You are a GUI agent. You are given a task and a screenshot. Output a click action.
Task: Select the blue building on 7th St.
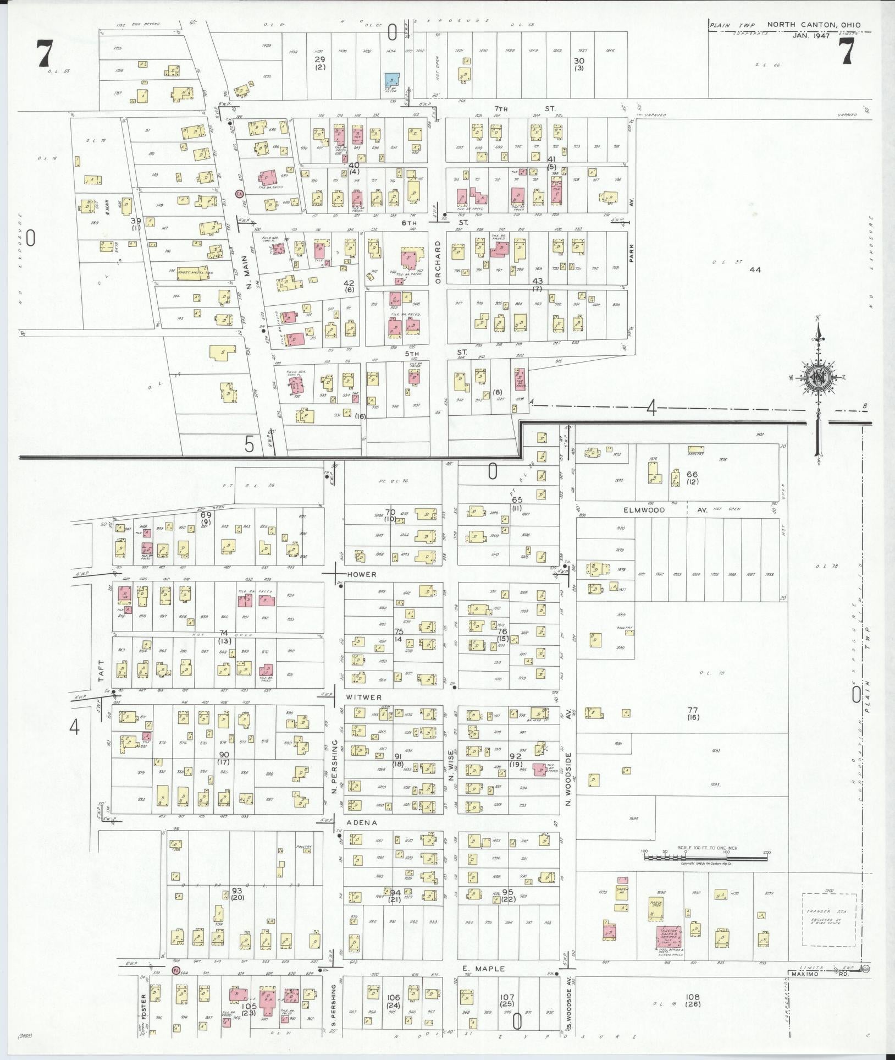coord(391,80)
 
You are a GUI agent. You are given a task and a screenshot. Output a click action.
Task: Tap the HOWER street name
coord(362,574)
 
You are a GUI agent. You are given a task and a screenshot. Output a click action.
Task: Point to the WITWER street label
coord(363,697)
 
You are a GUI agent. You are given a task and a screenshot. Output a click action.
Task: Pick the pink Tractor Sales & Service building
coord(670,937)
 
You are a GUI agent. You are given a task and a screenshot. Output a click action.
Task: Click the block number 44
coord(755,270)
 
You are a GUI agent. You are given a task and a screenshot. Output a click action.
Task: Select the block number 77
coord(692,710)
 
